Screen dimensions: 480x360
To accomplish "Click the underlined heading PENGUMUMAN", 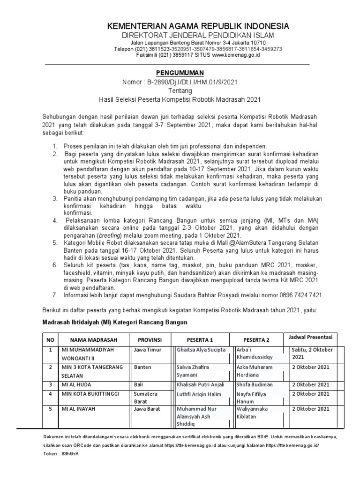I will click(180, 73).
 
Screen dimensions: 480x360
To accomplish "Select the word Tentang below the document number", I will click(180, 91).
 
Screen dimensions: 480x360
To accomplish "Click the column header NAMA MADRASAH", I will click(94, 339).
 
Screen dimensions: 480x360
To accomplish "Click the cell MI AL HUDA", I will click(76, 384).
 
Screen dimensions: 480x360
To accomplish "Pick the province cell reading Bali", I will click(138, 384).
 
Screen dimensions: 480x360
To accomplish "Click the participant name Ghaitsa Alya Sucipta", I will click(201, 350).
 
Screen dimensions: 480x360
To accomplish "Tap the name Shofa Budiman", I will click(255, 384).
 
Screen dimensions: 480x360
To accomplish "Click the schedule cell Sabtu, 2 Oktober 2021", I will click(312, 353).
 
